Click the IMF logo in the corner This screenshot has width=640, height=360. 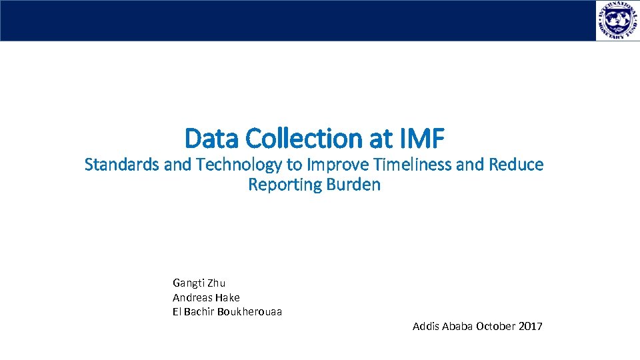click(x=617, y=21)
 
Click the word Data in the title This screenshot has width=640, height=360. click(x=212, y=139)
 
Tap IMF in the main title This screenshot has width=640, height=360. click(x=421, y=139)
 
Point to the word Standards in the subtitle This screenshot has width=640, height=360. click(x=122, y=165)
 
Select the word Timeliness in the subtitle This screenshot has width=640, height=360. click(x=412, y=165)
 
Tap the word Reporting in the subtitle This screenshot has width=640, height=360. click(x=285, y=185)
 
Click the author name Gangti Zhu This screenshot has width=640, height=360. click(x=199, y=283)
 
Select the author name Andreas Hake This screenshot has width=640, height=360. click(x=206, y=297)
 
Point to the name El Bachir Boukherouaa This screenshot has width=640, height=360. click(x=227, y=312)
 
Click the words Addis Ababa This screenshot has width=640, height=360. click(x=442, y=327)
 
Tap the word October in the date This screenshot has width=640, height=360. click(x=495, y=327)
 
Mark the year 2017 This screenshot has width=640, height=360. click(x=530, y=327)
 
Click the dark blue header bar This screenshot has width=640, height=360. click(x=293, y=21)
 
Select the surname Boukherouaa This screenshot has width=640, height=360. click(x=249, y=312)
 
